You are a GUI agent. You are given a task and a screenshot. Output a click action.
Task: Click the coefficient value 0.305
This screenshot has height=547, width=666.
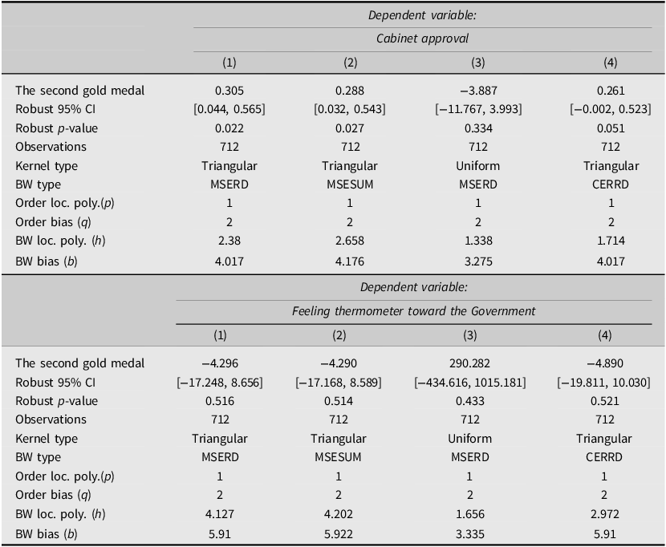(x=229, y=91)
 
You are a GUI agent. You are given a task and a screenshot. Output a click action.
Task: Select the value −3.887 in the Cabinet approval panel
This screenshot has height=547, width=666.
(x=478, y=91)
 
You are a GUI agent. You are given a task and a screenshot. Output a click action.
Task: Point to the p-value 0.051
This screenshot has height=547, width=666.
(x=611, y=128)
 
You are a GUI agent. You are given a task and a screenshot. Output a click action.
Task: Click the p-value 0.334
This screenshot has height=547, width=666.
(x=478, y=128)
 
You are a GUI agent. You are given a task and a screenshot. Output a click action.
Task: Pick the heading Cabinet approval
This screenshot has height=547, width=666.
(x=422, y=38)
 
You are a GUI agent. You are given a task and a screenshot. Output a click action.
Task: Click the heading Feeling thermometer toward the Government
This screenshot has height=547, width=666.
(x=414, y=311)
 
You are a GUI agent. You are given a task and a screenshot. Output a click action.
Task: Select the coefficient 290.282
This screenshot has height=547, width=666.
(x=469, y=363)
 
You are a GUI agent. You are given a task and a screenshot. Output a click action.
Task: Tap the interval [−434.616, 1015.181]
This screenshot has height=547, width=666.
(x=469, y=383)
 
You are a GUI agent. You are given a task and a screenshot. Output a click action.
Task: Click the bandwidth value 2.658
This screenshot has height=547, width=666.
(x=350, y=241)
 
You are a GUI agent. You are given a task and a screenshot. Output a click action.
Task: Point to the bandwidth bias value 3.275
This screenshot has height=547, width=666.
(x=478, y=261)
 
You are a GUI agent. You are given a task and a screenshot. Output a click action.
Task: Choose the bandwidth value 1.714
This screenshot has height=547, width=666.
(x=611, y=241)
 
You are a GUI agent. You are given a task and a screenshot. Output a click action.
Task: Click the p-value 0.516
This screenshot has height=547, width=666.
(x=220, y=401)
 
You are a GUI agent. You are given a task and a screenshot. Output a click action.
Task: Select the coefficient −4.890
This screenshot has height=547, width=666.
(x=604, y=363)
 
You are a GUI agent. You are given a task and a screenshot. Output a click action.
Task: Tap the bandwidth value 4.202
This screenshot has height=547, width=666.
(x=338, y=514)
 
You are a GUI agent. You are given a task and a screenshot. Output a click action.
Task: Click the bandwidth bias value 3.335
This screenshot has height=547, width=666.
(x=469, y=534)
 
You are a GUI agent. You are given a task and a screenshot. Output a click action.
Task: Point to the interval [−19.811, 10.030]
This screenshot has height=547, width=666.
(x=603, y=383)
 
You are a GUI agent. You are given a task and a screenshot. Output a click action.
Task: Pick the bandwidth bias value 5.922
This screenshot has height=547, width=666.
(x=338, y=534)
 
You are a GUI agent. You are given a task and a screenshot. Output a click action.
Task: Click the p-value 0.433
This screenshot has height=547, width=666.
(x=469, y=401)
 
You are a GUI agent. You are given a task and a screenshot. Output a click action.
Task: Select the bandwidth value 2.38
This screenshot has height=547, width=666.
(x=229, y=241)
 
